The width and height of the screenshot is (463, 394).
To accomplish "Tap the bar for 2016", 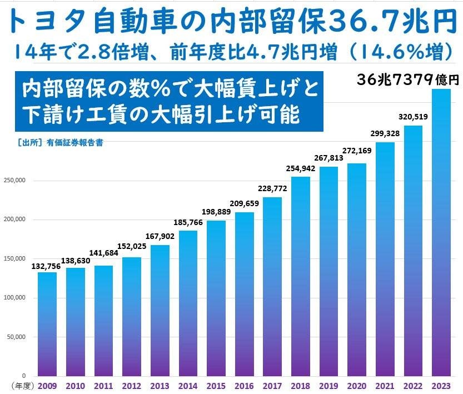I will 245,294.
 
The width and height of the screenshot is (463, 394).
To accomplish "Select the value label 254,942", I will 301,170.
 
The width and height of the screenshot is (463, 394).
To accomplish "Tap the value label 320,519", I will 414,118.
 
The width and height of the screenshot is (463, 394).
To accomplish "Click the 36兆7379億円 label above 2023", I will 408,80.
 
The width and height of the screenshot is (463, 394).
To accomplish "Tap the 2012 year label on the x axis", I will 132,385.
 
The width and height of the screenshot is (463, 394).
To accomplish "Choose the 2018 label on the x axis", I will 301,385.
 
